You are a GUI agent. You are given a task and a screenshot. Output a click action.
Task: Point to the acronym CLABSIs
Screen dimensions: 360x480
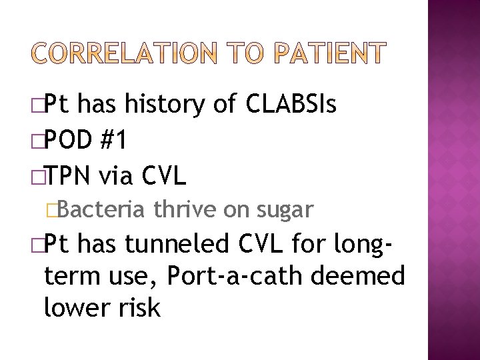291,104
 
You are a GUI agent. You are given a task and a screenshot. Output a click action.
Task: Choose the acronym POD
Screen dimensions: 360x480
69,140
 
